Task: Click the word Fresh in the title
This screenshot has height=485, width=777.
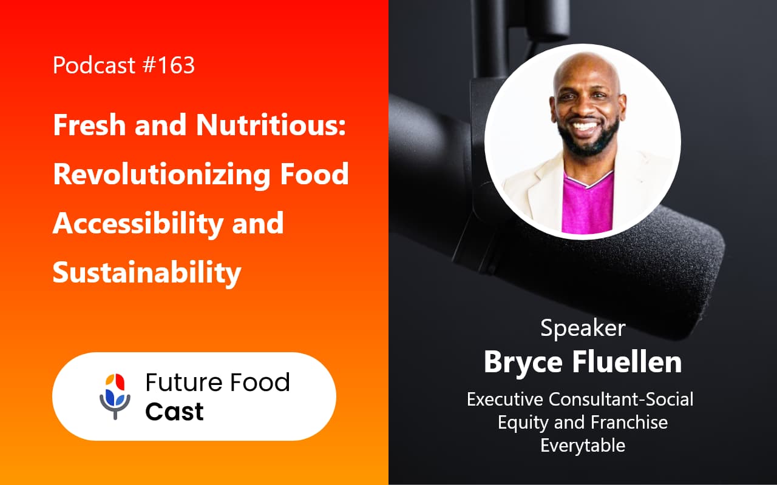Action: pyautogui.click(x=88, y=126)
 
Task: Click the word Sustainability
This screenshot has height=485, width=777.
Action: pyautogui.click(x=147, y=272)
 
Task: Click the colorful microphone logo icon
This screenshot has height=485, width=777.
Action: pyautogui.click(x=115, y=396)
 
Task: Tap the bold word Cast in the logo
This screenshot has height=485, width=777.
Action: pyautogui.click(x=174, y=412)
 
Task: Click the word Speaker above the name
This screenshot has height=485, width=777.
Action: pyautogui.click(x=583, y=328)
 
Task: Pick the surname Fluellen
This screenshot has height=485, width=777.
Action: pyautogui.click(x=626, y=361)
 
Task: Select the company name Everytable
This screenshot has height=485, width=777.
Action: pyautogui.click(x=583, y=445)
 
